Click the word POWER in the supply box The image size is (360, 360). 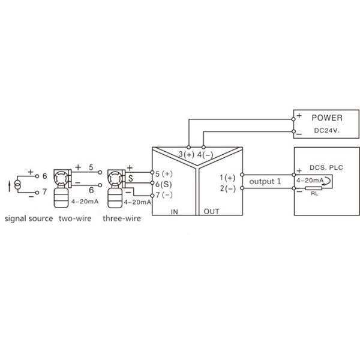(327, 118)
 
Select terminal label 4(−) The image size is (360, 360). (205, 155)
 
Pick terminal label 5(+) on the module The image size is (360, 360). (163, 174)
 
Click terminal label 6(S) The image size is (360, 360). (163, 184)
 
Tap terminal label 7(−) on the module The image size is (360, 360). (163, 195)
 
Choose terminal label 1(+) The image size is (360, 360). (228, 178)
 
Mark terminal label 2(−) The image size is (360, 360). (228, 188)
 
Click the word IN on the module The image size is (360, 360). (175, 211)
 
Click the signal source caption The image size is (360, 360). (29, 218)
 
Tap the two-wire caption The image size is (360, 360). (75, 218)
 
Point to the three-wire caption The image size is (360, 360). (122, 218)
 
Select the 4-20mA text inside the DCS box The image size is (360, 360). (310, 180)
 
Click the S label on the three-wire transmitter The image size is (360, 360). (130, 178)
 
